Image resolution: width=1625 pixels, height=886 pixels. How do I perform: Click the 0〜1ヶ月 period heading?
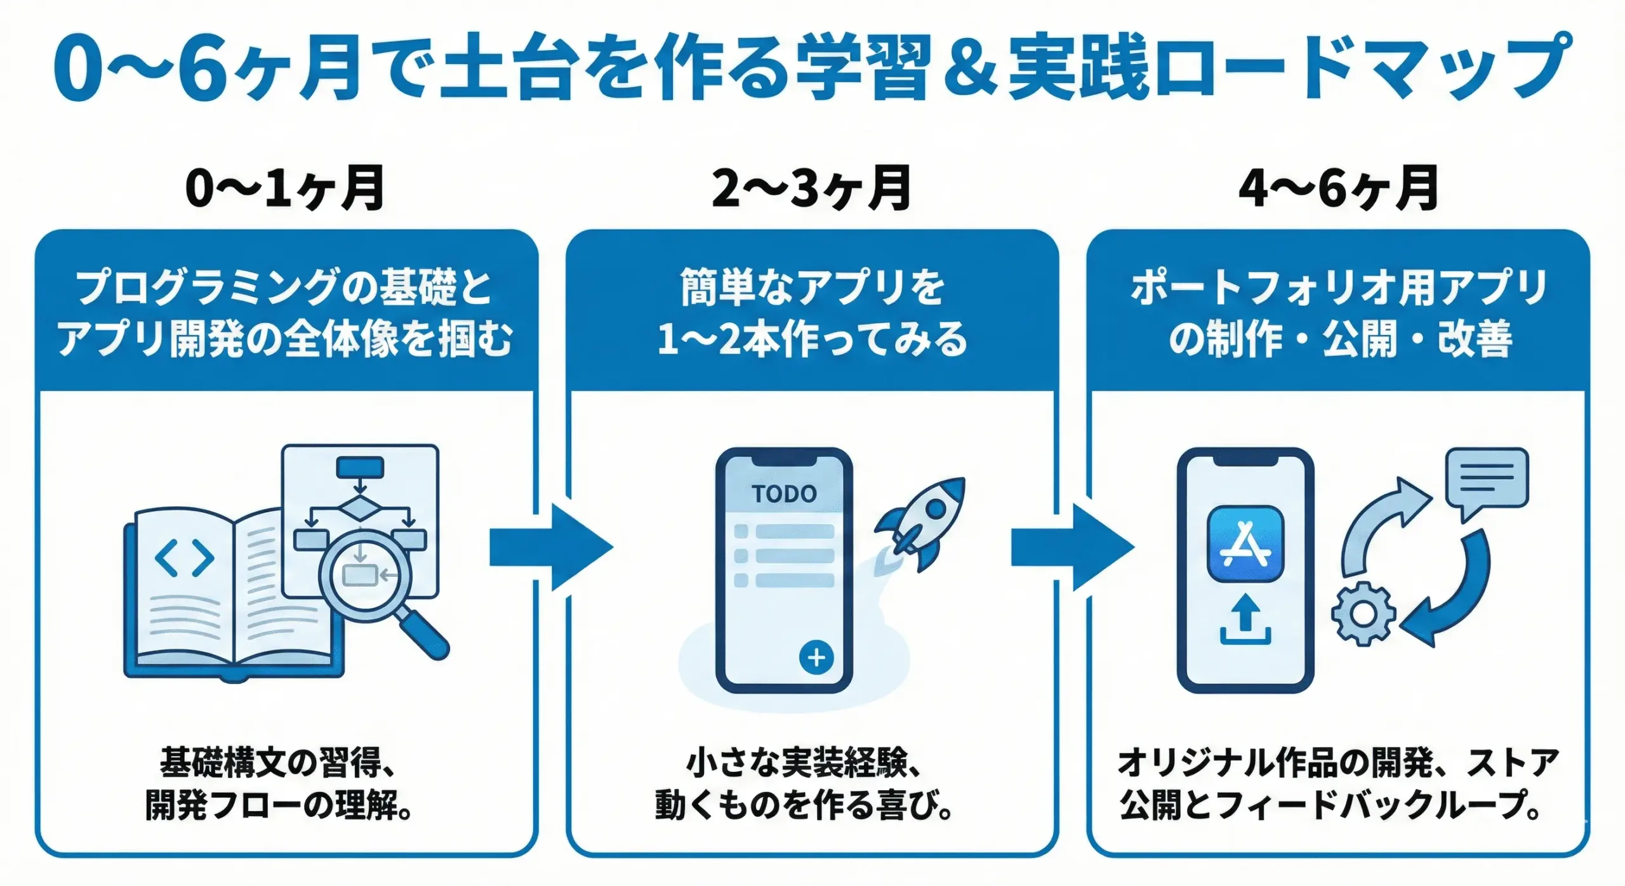coord(284,188)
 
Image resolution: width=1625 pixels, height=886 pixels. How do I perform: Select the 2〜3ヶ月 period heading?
coord(811,188)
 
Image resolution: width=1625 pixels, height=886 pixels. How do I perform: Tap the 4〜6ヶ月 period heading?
coord(1338,188)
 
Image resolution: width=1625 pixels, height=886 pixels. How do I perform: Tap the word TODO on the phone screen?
coord(784,494)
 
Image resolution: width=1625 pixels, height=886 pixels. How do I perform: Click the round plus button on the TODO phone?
coord(816,658)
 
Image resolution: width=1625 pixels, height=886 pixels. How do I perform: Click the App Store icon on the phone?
coord(1245,544)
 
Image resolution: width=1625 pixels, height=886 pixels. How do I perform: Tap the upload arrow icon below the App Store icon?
coord(1245,619)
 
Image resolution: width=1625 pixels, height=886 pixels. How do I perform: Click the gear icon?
coord(1363,614)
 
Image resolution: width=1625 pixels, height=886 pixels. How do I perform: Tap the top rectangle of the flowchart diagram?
coord(360,468)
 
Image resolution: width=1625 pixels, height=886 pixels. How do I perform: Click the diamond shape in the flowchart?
coord(360,509)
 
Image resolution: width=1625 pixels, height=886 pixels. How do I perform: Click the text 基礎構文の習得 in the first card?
coord(270,762)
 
